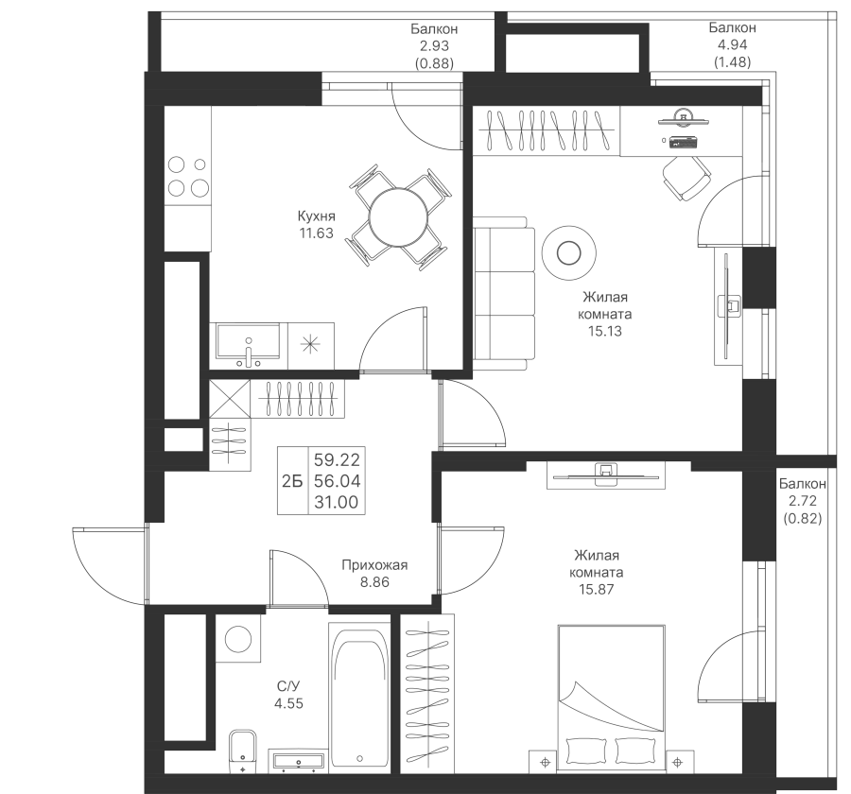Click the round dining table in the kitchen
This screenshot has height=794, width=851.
tap(396, 217)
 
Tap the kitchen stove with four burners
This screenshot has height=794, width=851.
tap(186, 176)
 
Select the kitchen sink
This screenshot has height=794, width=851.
tap(248, 341)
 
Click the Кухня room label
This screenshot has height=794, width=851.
tap(316, 216)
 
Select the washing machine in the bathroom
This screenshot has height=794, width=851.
tap(237, 636)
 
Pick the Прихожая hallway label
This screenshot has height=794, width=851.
tap(374, 565)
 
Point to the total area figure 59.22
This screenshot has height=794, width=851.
tap(336, 461)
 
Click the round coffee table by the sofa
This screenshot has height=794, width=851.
tap(568, 250)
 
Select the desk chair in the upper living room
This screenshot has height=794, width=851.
tap(685, 179)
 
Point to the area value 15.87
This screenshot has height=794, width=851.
tap(598, 589)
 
